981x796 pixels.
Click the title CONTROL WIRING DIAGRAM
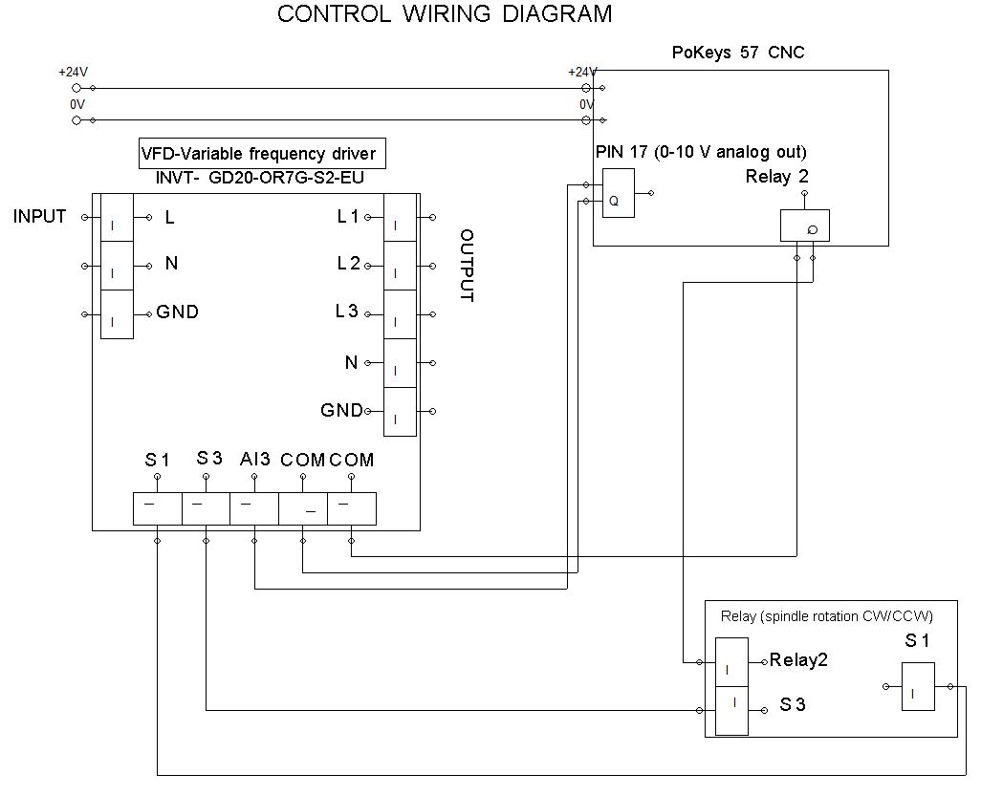(x=444, y=14)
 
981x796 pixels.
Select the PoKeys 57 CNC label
(x=738, y=53)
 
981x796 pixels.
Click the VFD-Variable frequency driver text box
(x=259, y=154)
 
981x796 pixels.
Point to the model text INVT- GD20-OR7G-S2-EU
(x=259, y=178)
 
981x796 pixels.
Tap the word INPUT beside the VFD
(x=40, y=217)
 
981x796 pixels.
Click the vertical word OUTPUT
(x=467, y=265)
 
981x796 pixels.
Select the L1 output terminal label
(x=348, y=217)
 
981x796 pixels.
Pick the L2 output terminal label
(x=348, y=264)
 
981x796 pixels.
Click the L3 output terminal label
(x=348, y=312)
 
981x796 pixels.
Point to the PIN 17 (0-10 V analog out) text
(x=701, y=152)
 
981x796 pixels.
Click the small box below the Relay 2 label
(x=804, y=226)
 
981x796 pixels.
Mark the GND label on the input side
(x=178, y=312)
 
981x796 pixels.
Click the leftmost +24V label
(x=73, y=73)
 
